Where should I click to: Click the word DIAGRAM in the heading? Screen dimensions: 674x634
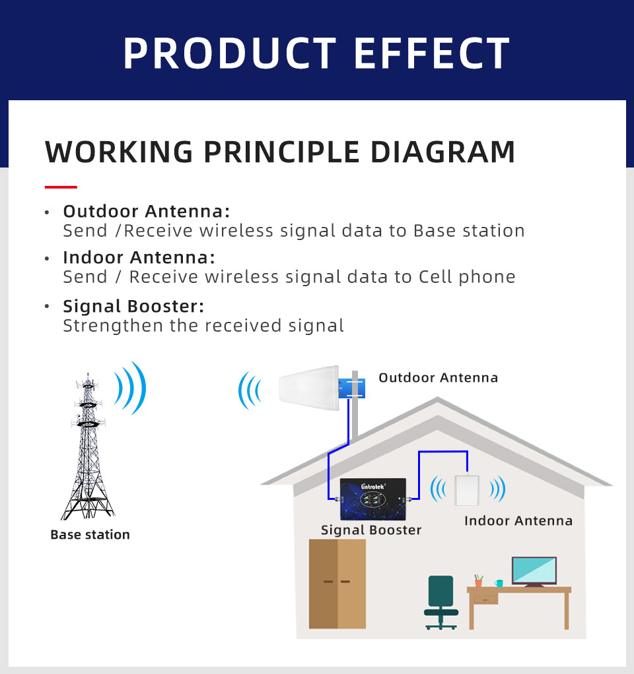click(x=442, y=152)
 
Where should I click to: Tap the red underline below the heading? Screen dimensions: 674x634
click(x=61, y=187)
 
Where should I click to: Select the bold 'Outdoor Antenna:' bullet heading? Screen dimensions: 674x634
click(x=146, y=211)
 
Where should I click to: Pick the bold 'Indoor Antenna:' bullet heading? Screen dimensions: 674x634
click(x=139, y=257)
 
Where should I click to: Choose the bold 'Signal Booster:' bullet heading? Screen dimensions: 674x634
click(x=133, y=306)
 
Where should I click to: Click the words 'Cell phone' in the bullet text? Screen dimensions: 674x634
click(x=467, y=276)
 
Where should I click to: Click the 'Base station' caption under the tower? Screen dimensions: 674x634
click(x=90, y=535)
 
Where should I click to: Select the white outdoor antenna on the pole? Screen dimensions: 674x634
click(x=308, y=388)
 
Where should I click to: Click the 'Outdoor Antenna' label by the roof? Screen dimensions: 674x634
click(x=438, y=378)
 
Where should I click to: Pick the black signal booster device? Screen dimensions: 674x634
click(x=372, y=498)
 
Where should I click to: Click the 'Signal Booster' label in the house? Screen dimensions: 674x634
click(x=370, y=530)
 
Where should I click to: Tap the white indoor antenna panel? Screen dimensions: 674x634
click(x=467, y=489)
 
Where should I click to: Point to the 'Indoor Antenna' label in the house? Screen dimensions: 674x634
click(x=518, y=521)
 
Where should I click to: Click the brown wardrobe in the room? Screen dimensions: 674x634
click(x=337, y=583)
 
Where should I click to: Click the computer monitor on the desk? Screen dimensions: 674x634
click(x=534, y=570)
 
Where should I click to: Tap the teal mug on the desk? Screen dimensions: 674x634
click(x=499, y=583)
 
